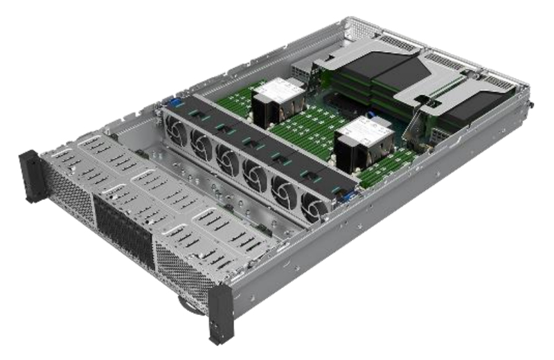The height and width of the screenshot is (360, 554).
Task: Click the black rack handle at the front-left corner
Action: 31,176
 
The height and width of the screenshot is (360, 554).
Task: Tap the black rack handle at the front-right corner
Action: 221,313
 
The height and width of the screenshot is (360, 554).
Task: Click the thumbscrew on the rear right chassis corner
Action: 532,106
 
